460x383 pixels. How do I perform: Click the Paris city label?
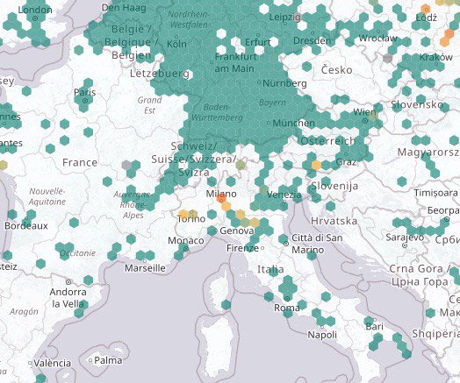click(x=85, y=93)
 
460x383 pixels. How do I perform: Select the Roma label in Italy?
click(x=287, y=308)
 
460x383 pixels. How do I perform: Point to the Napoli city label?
click(x=323, y=334)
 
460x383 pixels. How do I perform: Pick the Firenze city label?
click(x=242, y=248)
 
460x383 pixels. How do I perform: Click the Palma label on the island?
click(x=109, y=359)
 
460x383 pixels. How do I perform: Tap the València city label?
click(x=54, y=363)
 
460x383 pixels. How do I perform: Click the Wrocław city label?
click(x=378, y=39)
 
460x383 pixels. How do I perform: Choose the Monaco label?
click(x=185, y=240)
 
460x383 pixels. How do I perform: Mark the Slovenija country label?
click(x=338, y=186)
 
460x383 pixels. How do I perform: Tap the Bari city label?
click(x=375, y=327)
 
